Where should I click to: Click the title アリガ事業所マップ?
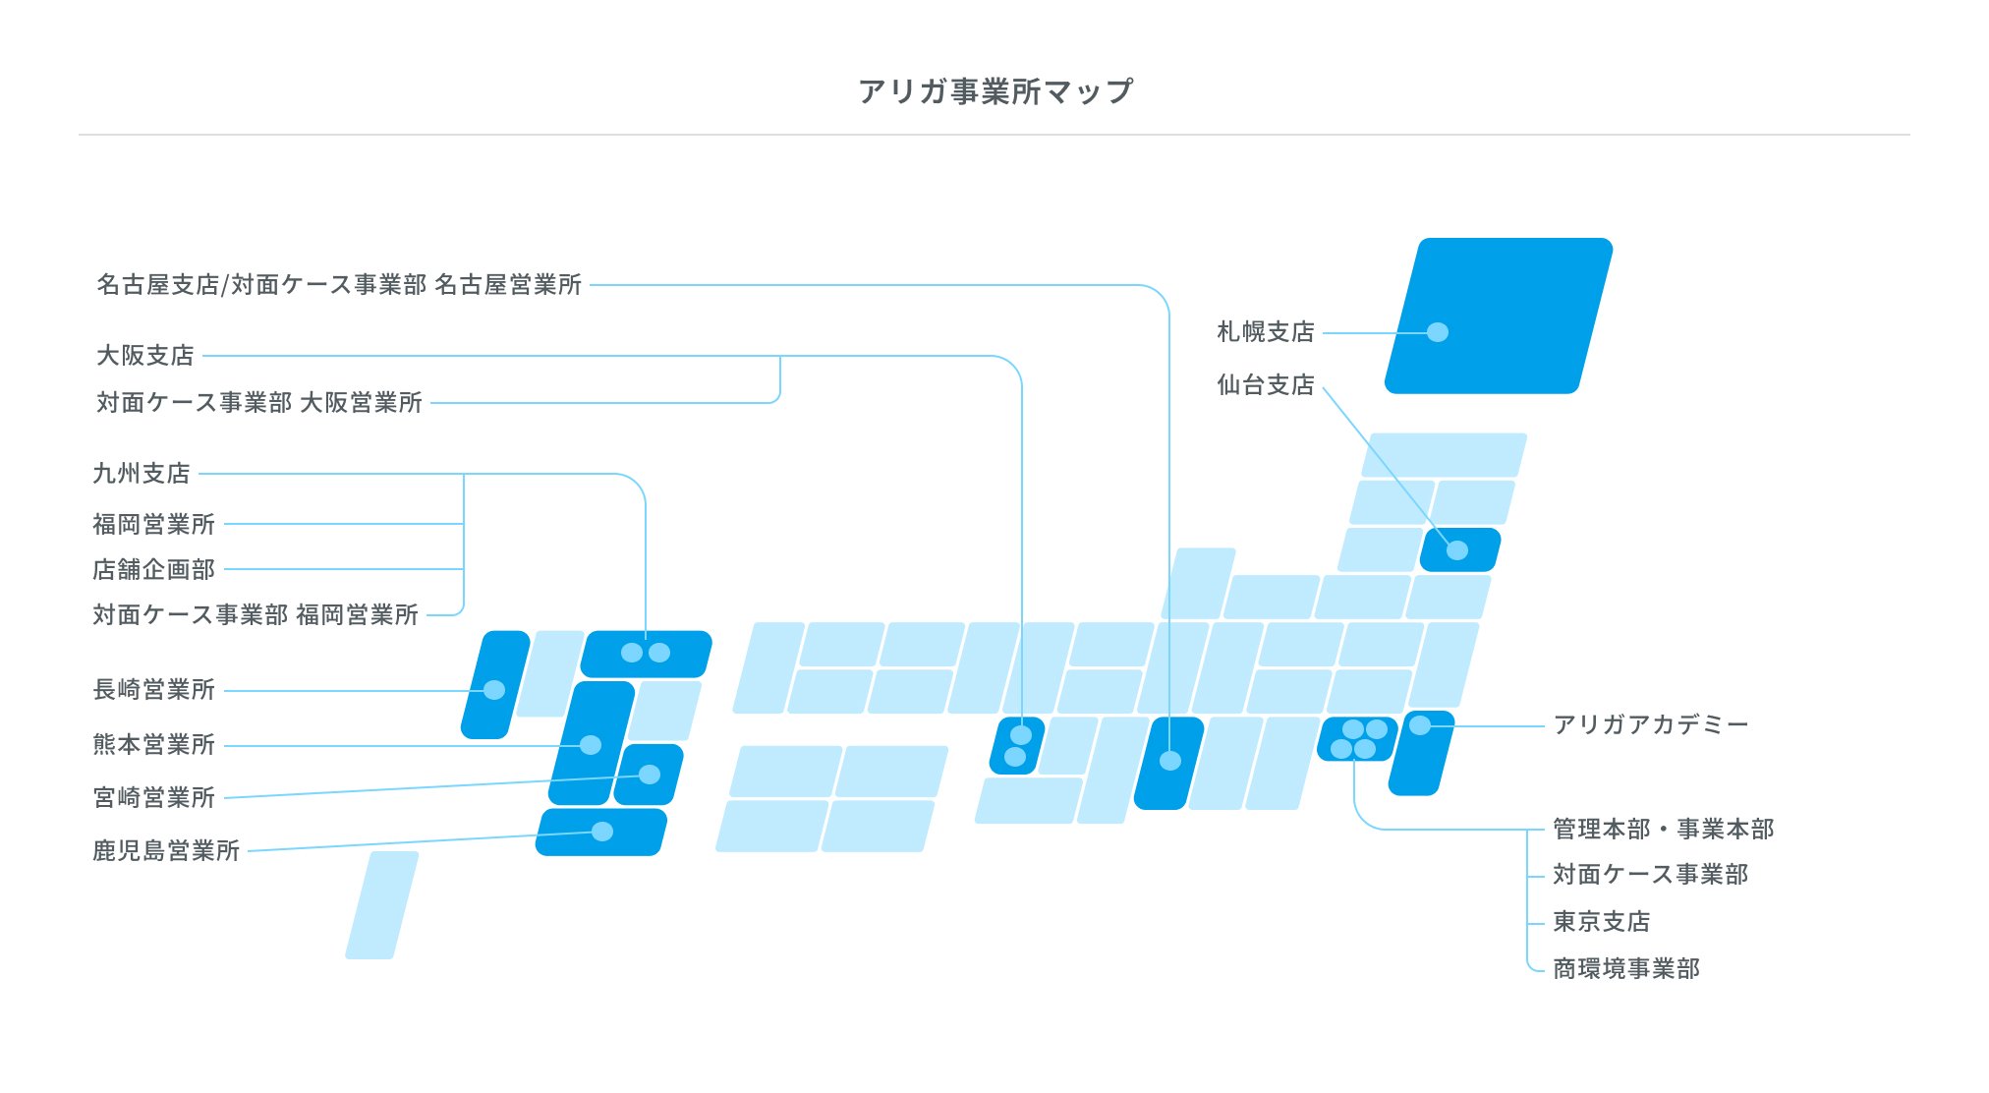994,91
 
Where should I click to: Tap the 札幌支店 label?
1265,332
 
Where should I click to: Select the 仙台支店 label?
1265,385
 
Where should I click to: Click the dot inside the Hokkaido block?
1438,332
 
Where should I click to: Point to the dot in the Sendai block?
1457,550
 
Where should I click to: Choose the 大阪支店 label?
145,356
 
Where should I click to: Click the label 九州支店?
142,474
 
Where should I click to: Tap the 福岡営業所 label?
154,525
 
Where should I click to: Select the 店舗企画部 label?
154,570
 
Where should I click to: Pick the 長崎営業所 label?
154,690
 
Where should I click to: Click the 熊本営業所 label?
154,745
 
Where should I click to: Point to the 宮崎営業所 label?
154,797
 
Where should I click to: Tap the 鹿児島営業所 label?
166,851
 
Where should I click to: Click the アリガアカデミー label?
1650,725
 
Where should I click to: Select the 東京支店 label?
1601,922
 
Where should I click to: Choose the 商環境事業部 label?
1625,969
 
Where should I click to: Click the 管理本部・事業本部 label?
1663,830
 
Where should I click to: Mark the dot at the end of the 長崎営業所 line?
494,690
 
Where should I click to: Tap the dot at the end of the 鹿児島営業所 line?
602,832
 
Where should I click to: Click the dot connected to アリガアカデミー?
1420,725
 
